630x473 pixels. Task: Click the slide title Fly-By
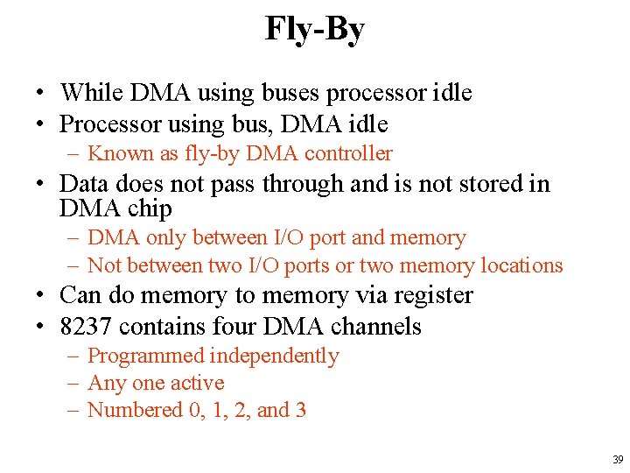click(315, 30)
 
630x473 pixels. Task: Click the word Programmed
click(145, 356)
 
